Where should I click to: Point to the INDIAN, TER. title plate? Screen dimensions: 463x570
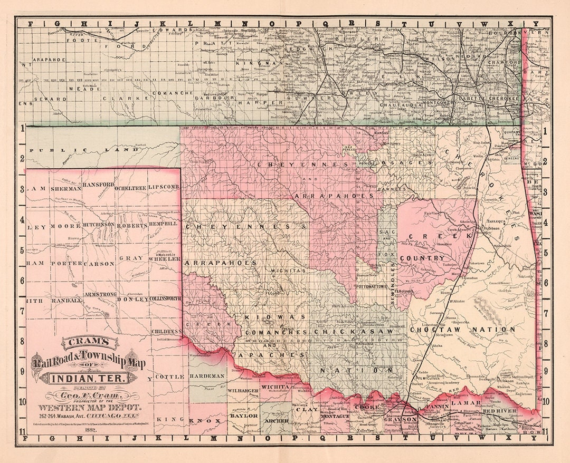87,378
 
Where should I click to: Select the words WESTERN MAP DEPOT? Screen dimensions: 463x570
87,408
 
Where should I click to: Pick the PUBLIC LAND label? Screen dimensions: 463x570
84,150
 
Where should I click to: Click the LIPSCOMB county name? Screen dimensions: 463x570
164,187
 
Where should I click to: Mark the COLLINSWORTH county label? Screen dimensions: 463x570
165,299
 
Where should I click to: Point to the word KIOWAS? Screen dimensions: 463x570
275,317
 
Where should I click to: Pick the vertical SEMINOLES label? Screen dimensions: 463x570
393,279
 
